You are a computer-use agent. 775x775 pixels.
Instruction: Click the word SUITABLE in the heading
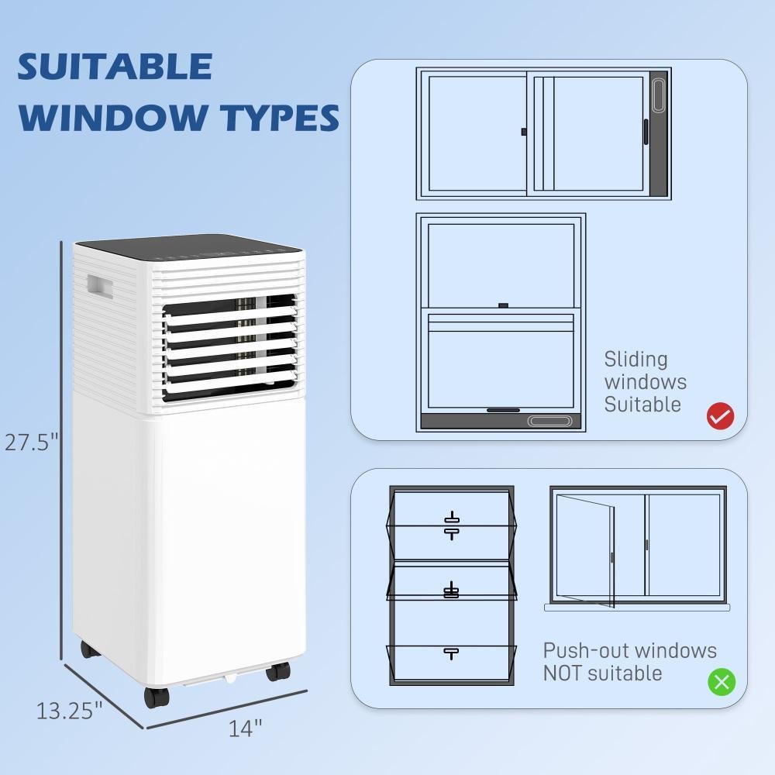click(x=115, y=67)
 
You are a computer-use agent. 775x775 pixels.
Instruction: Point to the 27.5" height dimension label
click(x=32, y=443)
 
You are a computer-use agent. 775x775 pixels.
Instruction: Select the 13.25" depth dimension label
click(x=69, y=710)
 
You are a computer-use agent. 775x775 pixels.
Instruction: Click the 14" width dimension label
click(x=245, y=728)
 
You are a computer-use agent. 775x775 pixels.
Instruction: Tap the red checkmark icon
click(x=720, y=416)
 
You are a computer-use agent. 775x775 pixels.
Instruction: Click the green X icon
click(x=722, y=681)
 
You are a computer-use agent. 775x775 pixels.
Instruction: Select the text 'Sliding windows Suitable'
click(x=645, y=381)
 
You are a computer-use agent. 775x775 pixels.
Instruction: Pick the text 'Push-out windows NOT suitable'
click(x=629, y=661)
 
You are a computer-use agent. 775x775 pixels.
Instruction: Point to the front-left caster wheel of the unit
click(x=157, y=695)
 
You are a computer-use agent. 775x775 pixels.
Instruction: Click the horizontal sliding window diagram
click(x=542, y=133)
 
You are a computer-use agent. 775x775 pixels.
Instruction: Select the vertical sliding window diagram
click(x=501, y=322)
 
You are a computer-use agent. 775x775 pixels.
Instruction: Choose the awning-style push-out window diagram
click(x=451, y=585)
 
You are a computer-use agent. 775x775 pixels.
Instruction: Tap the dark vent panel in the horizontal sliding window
click(x=658, y=133)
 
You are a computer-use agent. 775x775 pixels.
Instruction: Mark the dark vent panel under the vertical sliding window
click(x=501, y=422)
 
